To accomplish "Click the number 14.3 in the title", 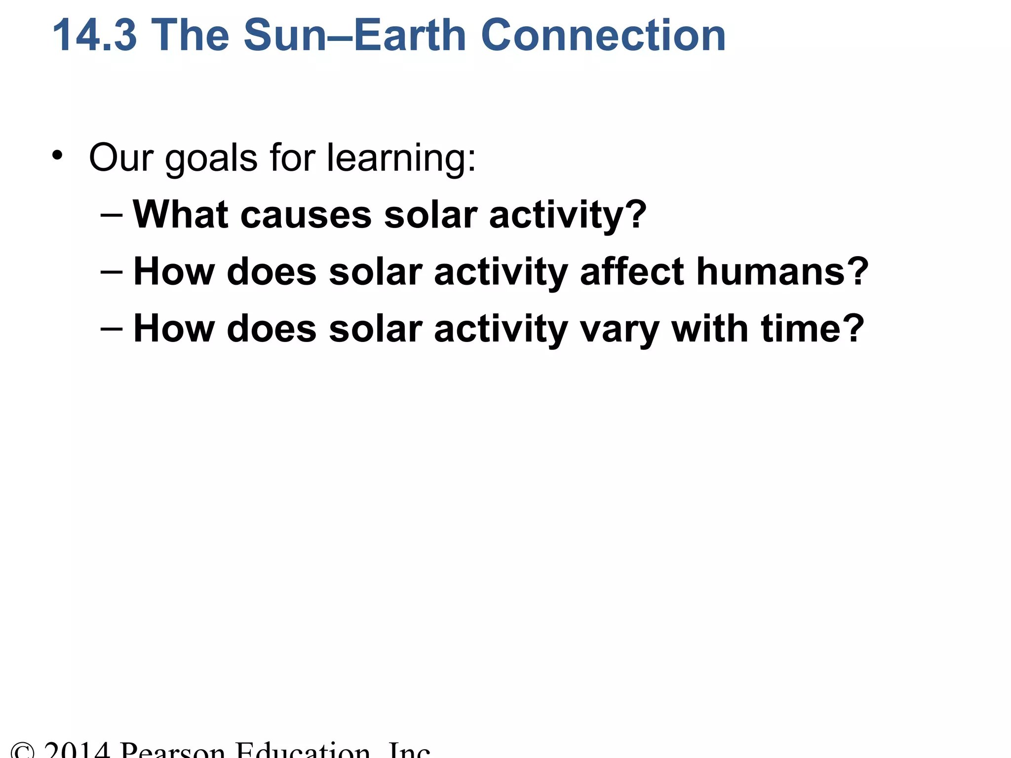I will click(94, 35).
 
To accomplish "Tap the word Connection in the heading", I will click(603, 35).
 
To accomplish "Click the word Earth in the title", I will click(410, 35).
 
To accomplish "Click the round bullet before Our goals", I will click(58, 155).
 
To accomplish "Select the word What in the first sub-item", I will click(181, 215).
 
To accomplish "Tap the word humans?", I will click(782, 271).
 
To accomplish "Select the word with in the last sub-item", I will click(710, 328).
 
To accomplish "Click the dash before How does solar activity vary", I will click(111, 329).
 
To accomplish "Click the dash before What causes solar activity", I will click(111, 215).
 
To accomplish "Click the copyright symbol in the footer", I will click(23, 751).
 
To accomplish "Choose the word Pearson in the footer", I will click(173, 750).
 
